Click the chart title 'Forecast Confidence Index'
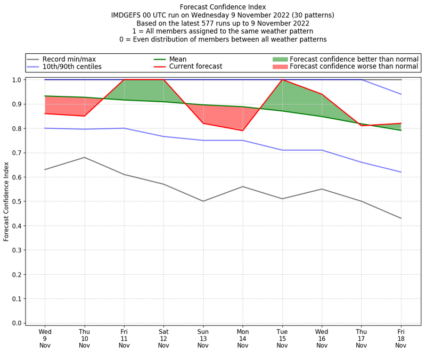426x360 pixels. [223, 7]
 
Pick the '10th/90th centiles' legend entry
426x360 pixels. [72, 67]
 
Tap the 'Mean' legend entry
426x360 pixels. [177, 59]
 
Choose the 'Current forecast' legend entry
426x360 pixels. [195, 67]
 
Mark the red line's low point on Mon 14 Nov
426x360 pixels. [243, 130]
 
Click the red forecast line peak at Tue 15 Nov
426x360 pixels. [282, 80]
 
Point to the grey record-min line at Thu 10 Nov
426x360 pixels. [84, 157]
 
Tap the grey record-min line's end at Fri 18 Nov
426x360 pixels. [401, 218]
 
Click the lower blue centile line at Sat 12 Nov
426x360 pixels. [163, 136]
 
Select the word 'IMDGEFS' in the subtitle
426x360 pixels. [128, 15]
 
